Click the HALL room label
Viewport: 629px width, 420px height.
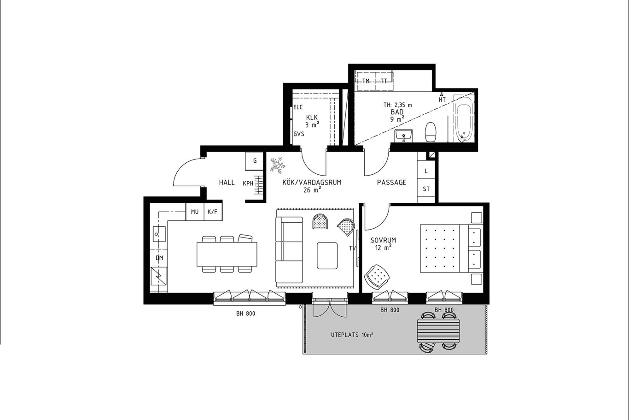click(227, 183)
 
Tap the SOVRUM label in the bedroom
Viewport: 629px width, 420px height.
click(383, 240)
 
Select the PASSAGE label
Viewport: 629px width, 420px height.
click(391, 183)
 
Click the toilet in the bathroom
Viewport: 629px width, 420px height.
click(431, 132)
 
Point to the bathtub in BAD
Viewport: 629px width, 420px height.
click(465, 118)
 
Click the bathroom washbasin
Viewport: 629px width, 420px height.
click(403, 136)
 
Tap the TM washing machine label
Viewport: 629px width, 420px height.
click(366, 81)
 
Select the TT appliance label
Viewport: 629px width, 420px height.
click(384, 81)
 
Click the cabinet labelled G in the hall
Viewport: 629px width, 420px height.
click(254, 161)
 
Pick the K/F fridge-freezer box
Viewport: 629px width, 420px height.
click(213, 212)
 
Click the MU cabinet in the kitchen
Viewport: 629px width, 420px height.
click(195, 212)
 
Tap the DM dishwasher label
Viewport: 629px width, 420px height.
click(159, 258)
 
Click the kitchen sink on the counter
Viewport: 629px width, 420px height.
click(159, 234)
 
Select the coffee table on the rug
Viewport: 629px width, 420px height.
click(327, 255)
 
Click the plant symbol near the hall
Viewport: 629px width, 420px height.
click(278, 165)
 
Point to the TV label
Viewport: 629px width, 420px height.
click(352, 248)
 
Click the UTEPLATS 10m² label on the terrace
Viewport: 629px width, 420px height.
click(352, 335)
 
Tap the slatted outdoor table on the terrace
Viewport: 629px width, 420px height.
click(439, 331)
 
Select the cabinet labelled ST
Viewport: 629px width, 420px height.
click(426, 189)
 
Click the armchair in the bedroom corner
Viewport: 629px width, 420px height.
click(377, 277)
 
